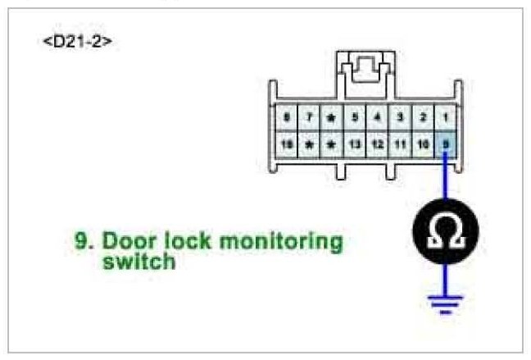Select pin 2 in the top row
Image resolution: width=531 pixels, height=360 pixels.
point(422,116)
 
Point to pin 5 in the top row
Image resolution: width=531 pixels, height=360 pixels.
point(355,116)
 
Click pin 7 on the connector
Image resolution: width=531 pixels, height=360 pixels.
point(310,116)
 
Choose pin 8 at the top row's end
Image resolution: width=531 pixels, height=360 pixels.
point(288,116)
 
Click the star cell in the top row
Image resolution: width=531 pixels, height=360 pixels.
point(332,116)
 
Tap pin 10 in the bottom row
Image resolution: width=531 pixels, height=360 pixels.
point(422,144)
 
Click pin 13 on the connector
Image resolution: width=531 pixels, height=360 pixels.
point(355,144)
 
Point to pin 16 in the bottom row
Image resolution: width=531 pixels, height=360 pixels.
point(288,144)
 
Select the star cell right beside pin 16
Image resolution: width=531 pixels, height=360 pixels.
point(310,144)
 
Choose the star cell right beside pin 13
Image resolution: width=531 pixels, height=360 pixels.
point(332,144)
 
